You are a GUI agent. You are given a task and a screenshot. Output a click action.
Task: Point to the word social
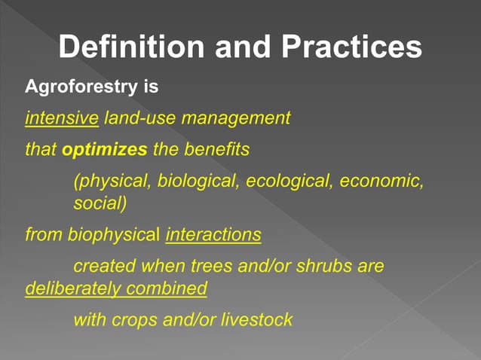pos(100,204)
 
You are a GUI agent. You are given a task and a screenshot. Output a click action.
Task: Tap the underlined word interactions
pos(213,235)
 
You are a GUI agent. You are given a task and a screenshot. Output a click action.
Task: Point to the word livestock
pos(257,319)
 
